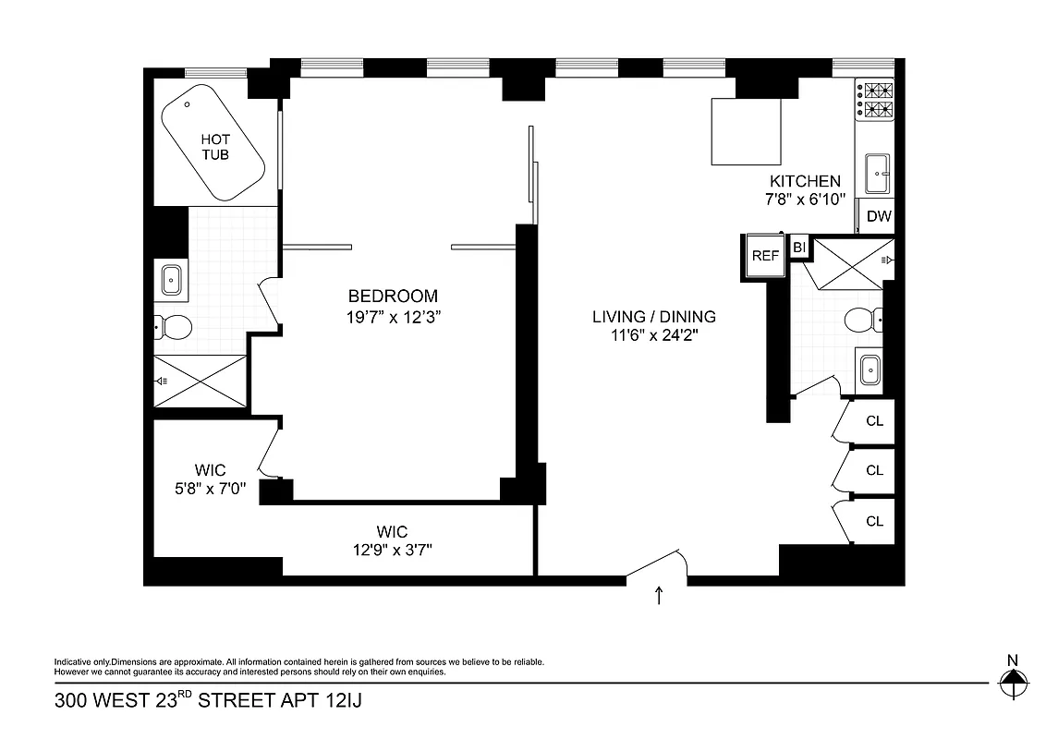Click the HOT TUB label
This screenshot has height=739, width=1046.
215,147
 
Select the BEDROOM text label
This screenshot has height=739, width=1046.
393,297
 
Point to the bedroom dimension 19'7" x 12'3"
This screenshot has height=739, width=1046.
393,315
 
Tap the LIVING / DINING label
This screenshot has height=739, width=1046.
654,317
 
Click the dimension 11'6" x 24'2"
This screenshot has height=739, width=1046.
654,335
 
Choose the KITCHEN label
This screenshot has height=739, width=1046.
806,181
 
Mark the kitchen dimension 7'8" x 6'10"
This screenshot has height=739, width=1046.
800,200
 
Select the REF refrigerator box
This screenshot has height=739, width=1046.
765,256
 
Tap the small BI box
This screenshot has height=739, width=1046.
799,247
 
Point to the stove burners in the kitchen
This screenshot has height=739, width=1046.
876,101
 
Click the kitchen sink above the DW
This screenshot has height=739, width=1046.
876,172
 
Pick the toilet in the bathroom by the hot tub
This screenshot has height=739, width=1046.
172,326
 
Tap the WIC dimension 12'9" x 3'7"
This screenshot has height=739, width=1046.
392,550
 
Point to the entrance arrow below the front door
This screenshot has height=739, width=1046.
659,596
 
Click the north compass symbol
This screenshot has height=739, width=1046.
1014,683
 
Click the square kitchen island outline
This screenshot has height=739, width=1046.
747,131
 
